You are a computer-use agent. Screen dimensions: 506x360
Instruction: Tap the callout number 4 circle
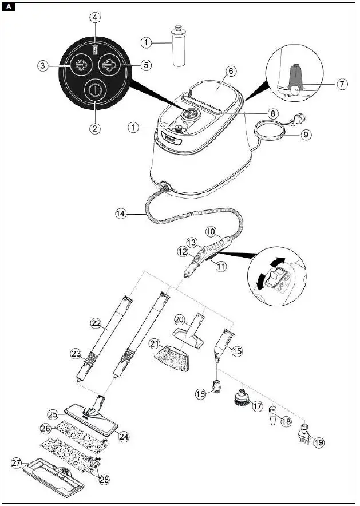tap(95, 17)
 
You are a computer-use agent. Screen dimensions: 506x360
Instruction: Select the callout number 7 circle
tap(342, 84)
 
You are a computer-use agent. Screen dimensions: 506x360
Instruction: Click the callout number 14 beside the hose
tap(121, 214)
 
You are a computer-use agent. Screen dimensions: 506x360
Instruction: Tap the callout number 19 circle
tap(318, 442)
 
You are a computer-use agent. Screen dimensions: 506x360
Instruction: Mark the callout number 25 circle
tap(53, 413)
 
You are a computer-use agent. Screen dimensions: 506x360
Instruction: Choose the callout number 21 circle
tap(154, 343)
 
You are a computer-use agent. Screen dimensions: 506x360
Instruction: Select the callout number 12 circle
tap(183, 250)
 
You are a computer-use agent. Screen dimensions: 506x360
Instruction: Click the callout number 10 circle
tap(211, 231)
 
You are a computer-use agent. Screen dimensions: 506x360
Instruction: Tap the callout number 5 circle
tap(147, 65)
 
